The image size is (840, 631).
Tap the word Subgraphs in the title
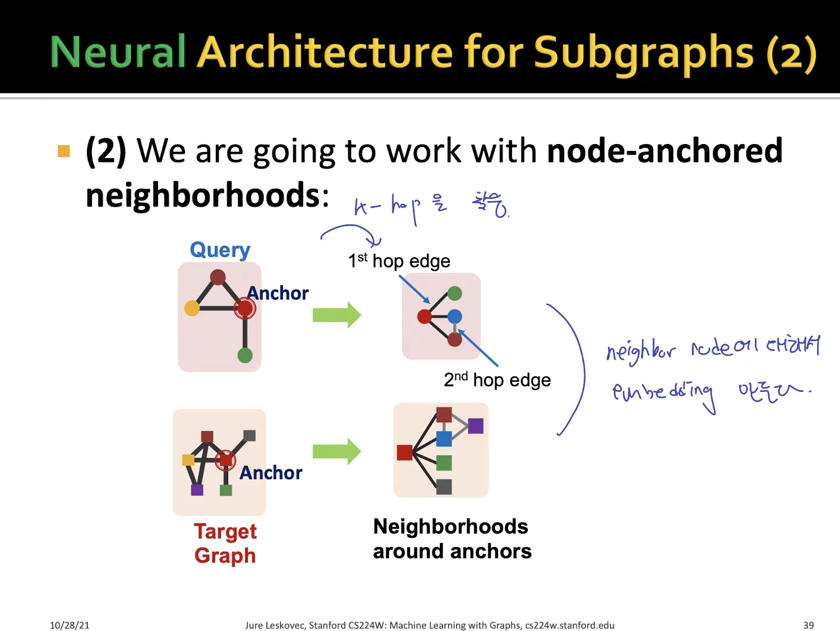[x=644, y=53]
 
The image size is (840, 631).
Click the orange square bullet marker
[x=64, y=152]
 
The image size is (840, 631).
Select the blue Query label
[x=220, y=250]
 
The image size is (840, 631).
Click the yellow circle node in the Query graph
[x=192, y=308]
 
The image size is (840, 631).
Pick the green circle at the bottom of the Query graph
[x=245, y=355]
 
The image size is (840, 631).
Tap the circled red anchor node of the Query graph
[x=245, y=308]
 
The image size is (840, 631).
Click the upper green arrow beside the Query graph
[x=337, y=315]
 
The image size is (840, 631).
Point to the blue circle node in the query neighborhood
[x=455, y=317]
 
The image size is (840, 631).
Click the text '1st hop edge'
[x=399, y=261]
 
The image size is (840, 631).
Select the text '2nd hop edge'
[x=497, y=380]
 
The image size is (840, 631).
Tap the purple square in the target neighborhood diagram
[x=476, y=426]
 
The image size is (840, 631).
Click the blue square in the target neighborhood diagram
[x=444, y=439]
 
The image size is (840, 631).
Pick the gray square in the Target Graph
[x=250, y=435]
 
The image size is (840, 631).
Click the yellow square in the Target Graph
[x=188, y=460]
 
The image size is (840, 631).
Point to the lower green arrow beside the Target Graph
[x=337, y=451]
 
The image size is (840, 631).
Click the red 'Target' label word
[x=225, y=531]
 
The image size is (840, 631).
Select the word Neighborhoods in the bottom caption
[x=450, y=527]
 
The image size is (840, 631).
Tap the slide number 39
[x=808, y=625]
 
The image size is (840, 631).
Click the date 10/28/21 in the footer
[x=69, y=625]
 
